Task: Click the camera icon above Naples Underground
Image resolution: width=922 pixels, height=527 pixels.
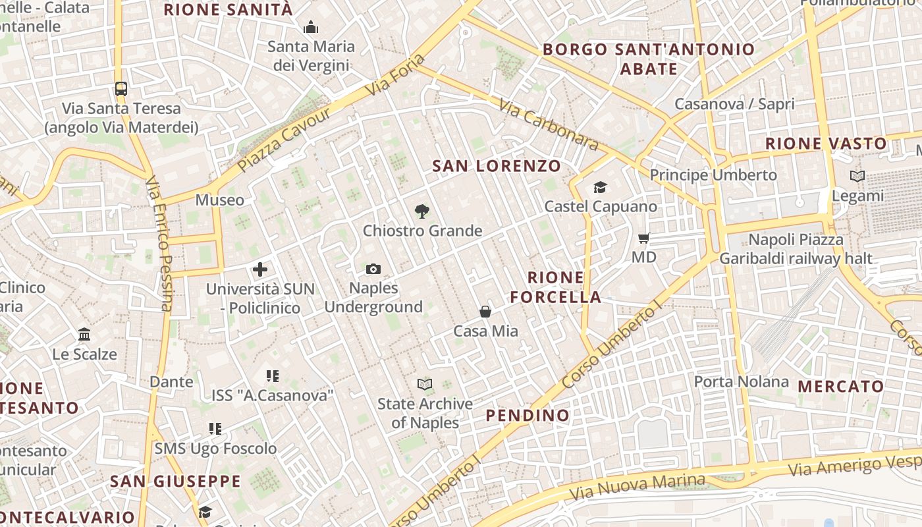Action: point(373,269)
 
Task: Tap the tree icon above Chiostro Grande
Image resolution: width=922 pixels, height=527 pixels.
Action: point(422,211)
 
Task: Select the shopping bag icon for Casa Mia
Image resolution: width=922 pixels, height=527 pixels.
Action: point(485,312)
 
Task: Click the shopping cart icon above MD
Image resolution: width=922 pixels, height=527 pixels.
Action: point(643,238)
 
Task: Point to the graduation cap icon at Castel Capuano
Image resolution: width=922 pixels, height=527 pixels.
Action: point(600,188)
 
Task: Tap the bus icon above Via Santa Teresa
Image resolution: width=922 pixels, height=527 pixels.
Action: point(121,88)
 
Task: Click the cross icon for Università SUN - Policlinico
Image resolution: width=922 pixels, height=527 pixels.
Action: point(260,269)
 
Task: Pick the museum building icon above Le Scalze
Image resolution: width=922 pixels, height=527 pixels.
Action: point(84,335)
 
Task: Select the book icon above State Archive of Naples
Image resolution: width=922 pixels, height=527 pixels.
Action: point(425,384)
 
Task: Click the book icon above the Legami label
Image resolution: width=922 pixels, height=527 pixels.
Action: point(857,177)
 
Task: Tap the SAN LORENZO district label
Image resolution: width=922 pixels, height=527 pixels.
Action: point(497,166)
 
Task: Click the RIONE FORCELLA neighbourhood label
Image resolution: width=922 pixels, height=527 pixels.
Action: point(556,287)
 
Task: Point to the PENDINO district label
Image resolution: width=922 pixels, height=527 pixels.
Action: point(528,415)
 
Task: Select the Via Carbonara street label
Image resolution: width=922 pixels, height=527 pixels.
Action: point(548,125)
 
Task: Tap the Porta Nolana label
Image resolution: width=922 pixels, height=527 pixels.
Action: point(741,381)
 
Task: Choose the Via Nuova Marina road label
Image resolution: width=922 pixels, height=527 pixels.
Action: point(637,487)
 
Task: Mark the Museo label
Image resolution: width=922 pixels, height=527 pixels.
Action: point(219,200)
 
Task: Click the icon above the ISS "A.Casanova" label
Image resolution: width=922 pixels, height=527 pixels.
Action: point(273,376)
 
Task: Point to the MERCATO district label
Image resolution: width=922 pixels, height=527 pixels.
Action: point(841,387)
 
